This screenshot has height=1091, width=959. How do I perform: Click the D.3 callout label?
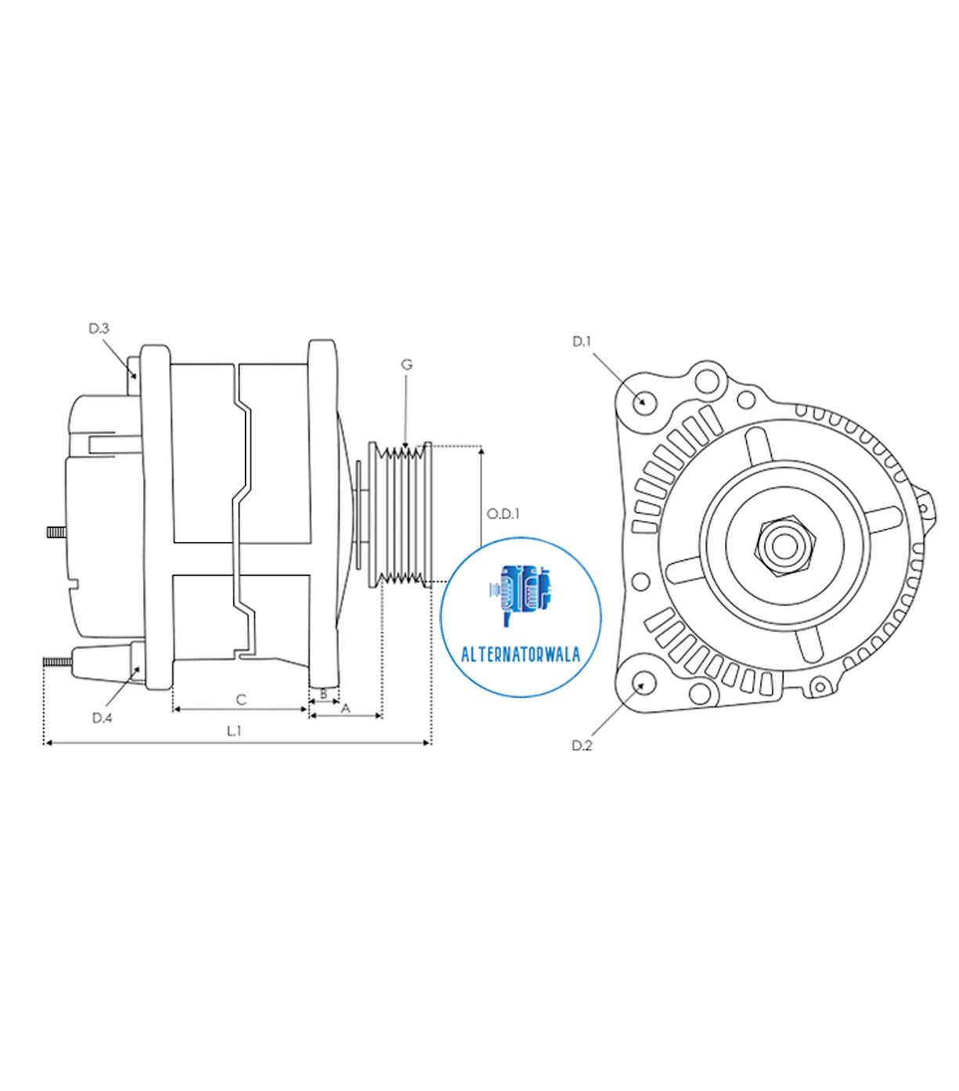coord(99,329)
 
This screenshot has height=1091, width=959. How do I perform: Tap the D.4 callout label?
coord(102,717)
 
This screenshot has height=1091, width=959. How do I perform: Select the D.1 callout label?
coord(582,341)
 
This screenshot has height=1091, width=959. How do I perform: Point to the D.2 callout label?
coord(582,746)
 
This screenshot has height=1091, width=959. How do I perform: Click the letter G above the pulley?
coord(406,364)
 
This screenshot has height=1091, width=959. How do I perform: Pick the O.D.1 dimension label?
coord(503,514)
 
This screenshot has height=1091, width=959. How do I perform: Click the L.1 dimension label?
coord(234,731)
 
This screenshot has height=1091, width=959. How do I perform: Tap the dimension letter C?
coord(241,699)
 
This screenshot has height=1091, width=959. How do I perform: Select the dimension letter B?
coord(323,694)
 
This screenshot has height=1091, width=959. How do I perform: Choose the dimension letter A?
coord(346,708)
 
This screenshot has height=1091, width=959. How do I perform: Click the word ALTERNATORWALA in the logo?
coord(521,655)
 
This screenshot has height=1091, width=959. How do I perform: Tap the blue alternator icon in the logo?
coord(520,594)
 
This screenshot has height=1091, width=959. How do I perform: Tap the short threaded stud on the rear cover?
coord(55,532)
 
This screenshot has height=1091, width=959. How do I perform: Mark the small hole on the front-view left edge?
coord(640,582)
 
